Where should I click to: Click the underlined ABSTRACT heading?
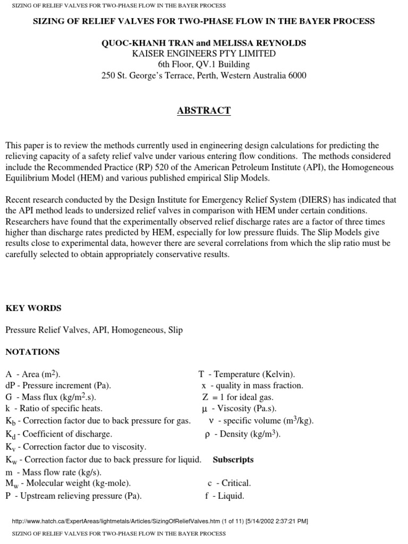click(204, 110)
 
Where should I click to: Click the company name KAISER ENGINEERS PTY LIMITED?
click(204, 54)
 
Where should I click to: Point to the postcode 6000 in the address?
click(296, 75)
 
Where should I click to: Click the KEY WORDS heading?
click(33, 308)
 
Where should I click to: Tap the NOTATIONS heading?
click(32, 352)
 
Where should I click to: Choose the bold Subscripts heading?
click(233, 460)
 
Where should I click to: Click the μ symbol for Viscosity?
click(205, 409)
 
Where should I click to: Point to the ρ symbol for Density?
click(208, 434)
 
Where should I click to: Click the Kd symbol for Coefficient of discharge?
click(10, 435)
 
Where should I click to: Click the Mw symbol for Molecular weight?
click(11, 483)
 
